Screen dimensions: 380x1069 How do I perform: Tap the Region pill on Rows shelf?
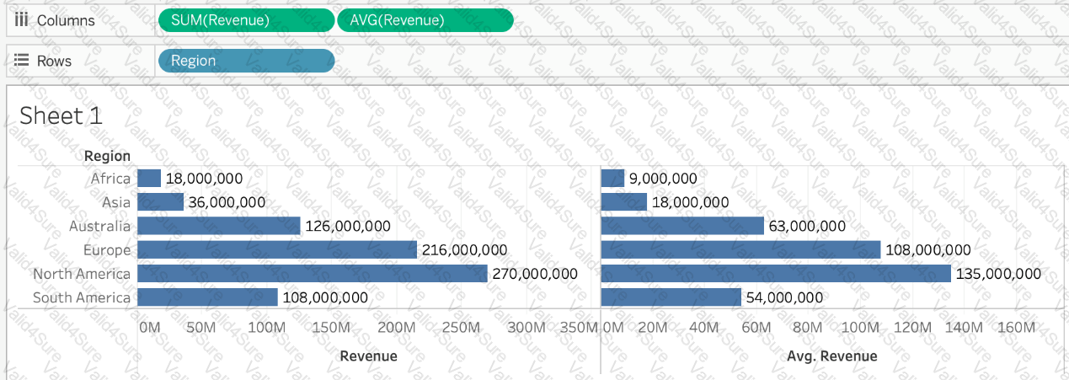245,61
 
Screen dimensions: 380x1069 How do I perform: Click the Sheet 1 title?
61,115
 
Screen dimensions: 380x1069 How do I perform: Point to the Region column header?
107,156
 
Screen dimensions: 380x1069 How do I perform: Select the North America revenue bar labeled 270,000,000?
312,274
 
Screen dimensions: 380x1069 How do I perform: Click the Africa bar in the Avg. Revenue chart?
612,179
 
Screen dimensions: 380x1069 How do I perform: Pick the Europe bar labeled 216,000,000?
276,250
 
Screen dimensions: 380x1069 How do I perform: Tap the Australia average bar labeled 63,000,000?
682,226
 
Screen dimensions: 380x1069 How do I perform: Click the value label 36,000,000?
226,202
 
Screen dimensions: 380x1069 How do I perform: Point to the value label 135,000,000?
999,274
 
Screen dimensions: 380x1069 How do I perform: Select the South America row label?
82,297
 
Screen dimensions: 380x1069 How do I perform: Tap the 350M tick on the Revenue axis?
580,327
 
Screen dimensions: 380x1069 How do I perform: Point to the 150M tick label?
330,327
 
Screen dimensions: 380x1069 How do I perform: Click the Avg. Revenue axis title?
831,356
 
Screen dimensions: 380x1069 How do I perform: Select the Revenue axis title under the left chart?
368,356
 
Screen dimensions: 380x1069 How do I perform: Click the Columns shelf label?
65,20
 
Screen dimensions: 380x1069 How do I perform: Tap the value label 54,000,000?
785,297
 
